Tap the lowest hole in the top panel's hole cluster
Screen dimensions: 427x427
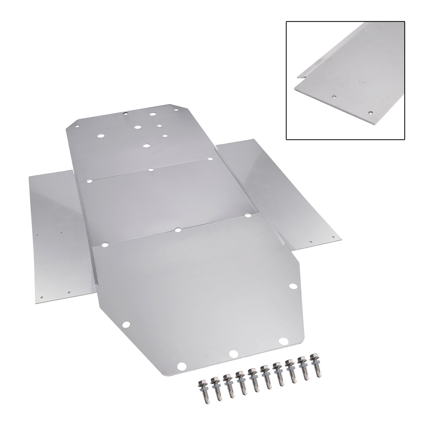click(145, 145)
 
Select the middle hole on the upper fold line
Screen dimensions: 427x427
click(151, 169)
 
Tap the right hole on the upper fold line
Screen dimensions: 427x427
click(210, 159)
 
